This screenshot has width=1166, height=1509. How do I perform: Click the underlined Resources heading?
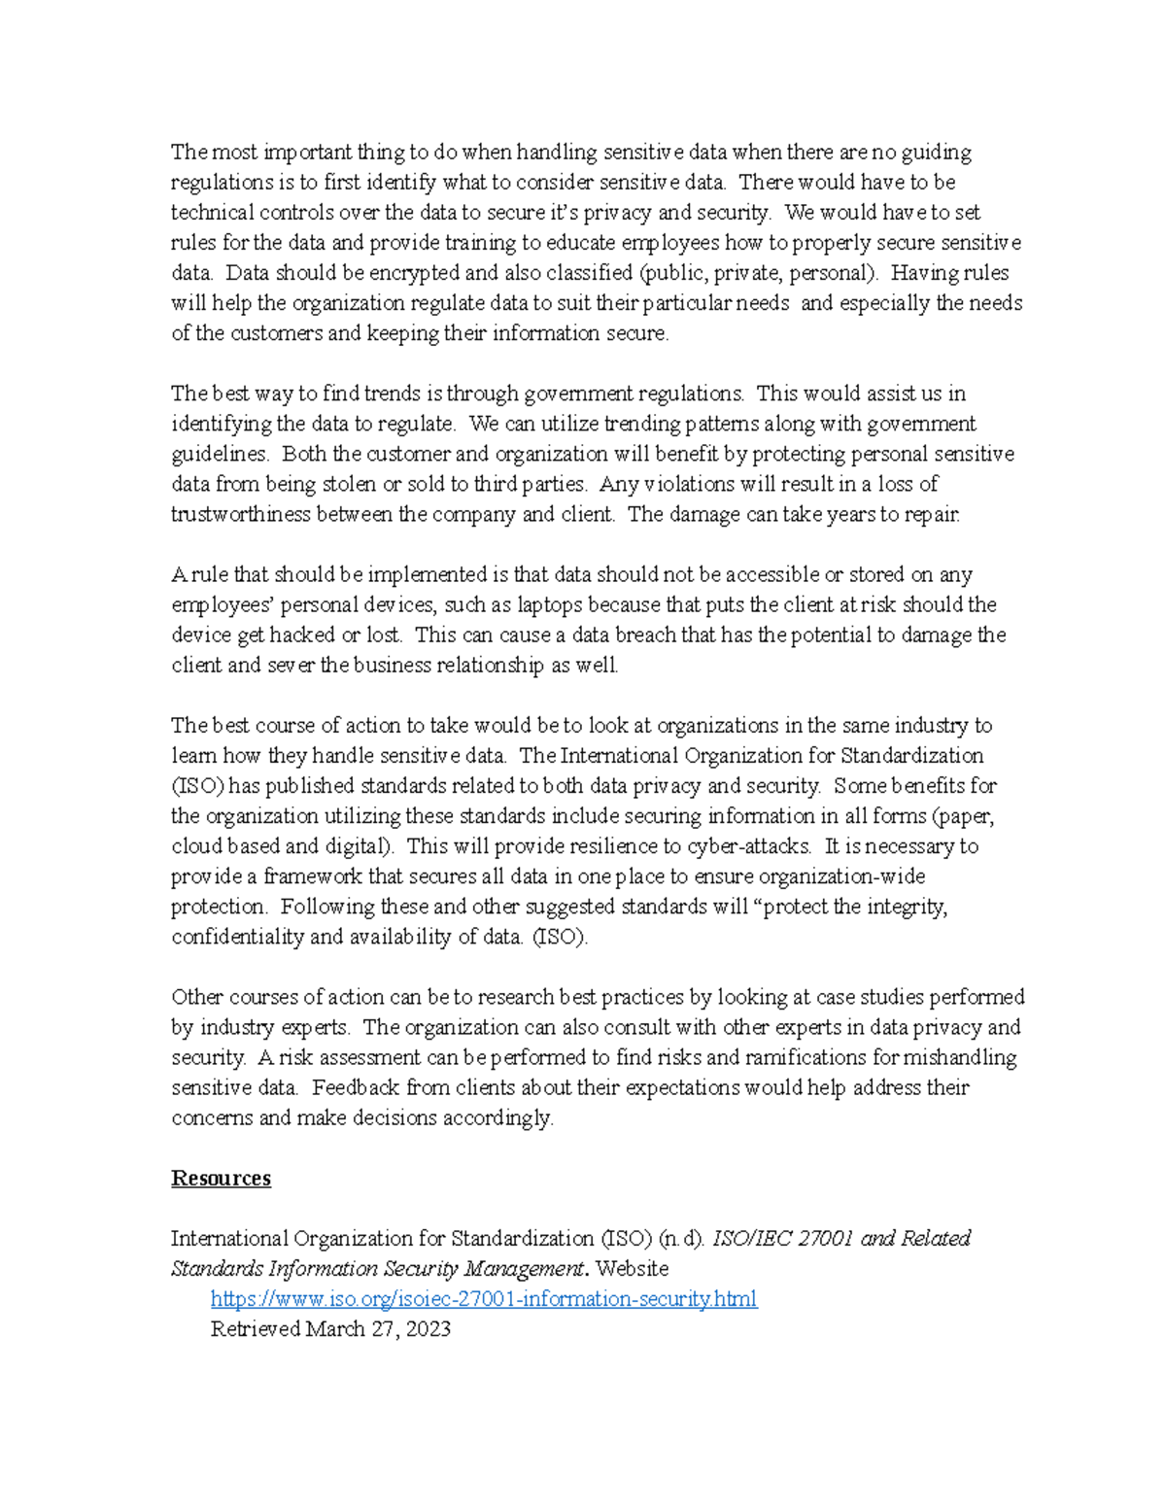[x=221, y=1179]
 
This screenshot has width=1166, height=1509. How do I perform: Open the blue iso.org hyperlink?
[x=483, y=1299]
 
